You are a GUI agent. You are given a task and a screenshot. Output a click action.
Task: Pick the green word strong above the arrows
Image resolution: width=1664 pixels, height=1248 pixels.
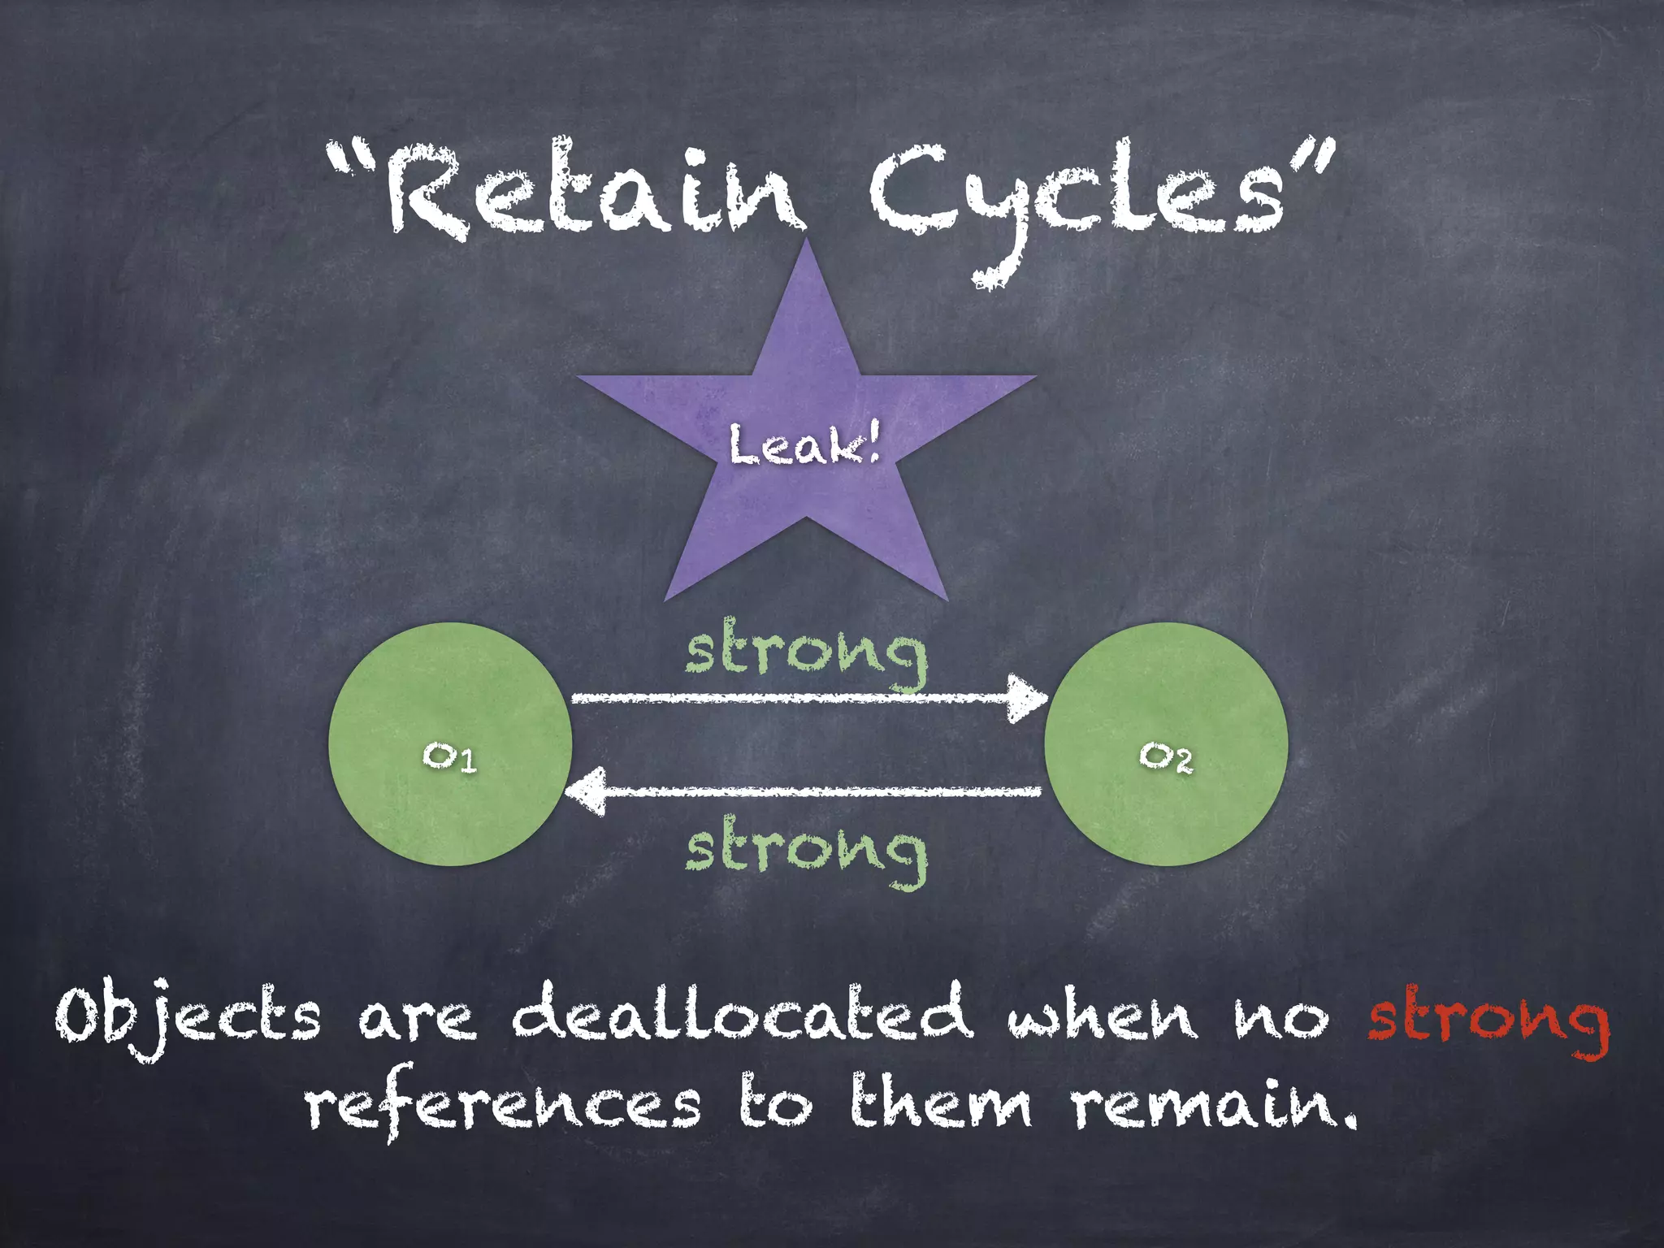click(x=806, y=655)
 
